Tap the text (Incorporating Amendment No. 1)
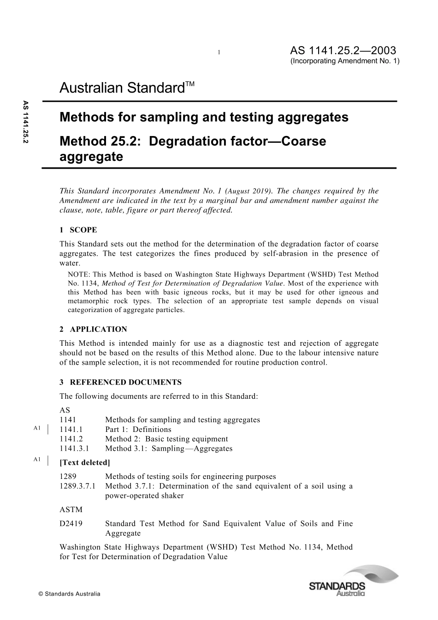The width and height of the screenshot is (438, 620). pyautogui.click(x=345, y=61)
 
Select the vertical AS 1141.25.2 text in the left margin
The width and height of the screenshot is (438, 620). pyautogui.click(x=26, y=124)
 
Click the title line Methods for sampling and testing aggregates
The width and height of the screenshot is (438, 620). pyautogui.click(x=204, y=118)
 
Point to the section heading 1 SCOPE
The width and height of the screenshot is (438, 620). pyautogui.click(x=78, y=230)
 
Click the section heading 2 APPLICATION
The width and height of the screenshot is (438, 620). pyautogui.click(x=93, y=329)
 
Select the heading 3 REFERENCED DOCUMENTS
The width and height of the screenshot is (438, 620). pyautogui.click(x=120, y=382)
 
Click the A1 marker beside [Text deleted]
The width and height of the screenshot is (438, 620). pyautogui.click(x=37, y=459)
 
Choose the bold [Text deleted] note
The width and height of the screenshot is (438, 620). pyautogui.click(x=85, y=462)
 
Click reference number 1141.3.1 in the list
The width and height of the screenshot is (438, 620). pyautogui.click(x=75, y=449)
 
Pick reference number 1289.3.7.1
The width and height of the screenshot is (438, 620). pyautogui.click(x=78, y=486)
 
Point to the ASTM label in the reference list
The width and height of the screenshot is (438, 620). pyautogui.click(x=71, y=509)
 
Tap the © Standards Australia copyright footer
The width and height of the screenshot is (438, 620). pyautogui.click(x=70, y=594)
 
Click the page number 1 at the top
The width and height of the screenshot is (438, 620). pyautogui.click(x=219, y=52)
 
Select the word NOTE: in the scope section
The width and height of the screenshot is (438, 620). pyautogui.click(x=79, y=274)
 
